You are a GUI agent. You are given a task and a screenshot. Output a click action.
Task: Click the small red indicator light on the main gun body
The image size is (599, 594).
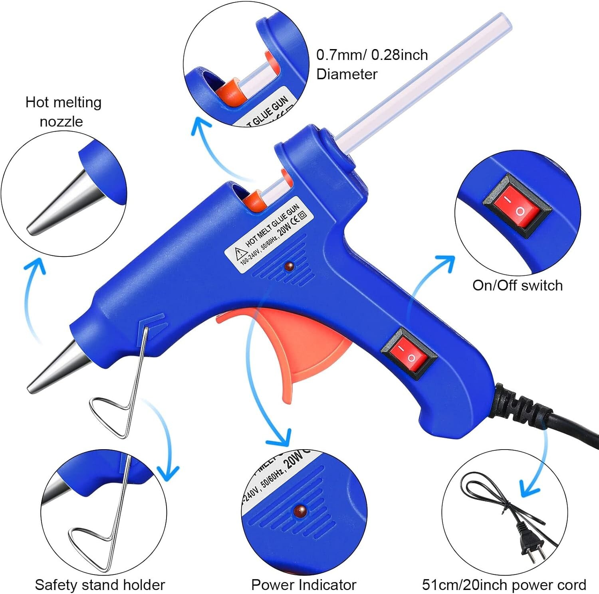pos(289,266)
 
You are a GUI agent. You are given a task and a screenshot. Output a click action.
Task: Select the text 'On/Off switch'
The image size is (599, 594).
pos(518,286)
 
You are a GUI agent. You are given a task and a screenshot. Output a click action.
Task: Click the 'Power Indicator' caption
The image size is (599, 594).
pos(303,585)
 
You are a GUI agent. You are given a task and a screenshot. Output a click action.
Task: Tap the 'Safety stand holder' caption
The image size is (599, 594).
pos(100,585)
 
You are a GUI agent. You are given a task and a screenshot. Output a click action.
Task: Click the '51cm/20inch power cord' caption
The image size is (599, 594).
pos(504,585)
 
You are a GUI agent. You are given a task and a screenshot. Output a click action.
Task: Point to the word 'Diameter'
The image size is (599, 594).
pos(347,74)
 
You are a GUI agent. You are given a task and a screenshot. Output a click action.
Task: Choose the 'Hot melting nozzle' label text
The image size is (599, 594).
pos(63,112)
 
